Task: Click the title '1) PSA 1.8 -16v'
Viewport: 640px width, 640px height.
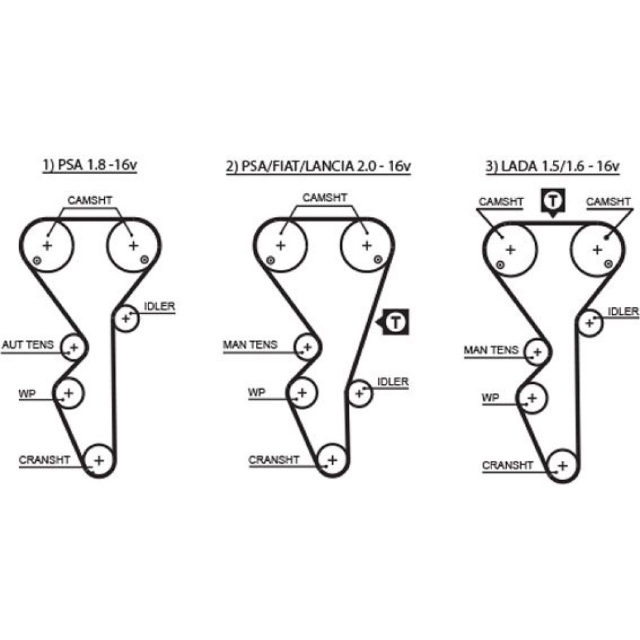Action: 90,166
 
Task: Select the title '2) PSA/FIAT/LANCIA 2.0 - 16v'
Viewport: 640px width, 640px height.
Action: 318,166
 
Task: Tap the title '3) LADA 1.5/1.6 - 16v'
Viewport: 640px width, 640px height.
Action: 552,166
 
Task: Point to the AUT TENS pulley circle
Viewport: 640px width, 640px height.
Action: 74,348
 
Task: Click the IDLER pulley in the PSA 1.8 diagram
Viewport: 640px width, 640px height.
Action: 127,317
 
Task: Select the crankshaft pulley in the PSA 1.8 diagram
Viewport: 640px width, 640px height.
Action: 99,460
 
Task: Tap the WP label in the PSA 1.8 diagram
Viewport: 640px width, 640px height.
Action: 27,393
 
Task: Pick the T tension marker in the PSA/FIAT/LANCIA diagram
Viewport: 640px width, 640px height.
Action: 396,321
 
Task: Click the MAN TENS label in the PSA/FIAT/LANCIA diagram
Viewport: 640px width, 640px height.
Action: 250,344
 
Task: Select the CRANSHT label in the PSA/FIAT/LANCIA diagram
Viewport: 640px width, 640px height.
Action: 274,460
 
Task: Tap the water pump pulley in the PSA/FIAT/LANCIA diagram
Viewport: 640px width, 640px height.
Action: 302,392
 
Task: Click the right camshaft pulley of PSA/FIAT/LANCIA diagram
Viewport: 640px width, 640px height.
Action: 366,245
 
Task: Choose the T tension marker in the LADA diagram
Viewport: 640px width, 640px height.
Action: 552,201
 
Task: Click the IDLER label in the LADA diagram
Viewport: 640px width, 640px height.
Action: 623,312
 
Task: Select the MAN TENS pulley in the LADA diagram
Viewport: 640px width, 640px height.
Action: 538,351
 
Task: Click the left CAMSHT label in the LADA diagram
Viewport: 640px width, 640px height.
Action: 500,202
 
